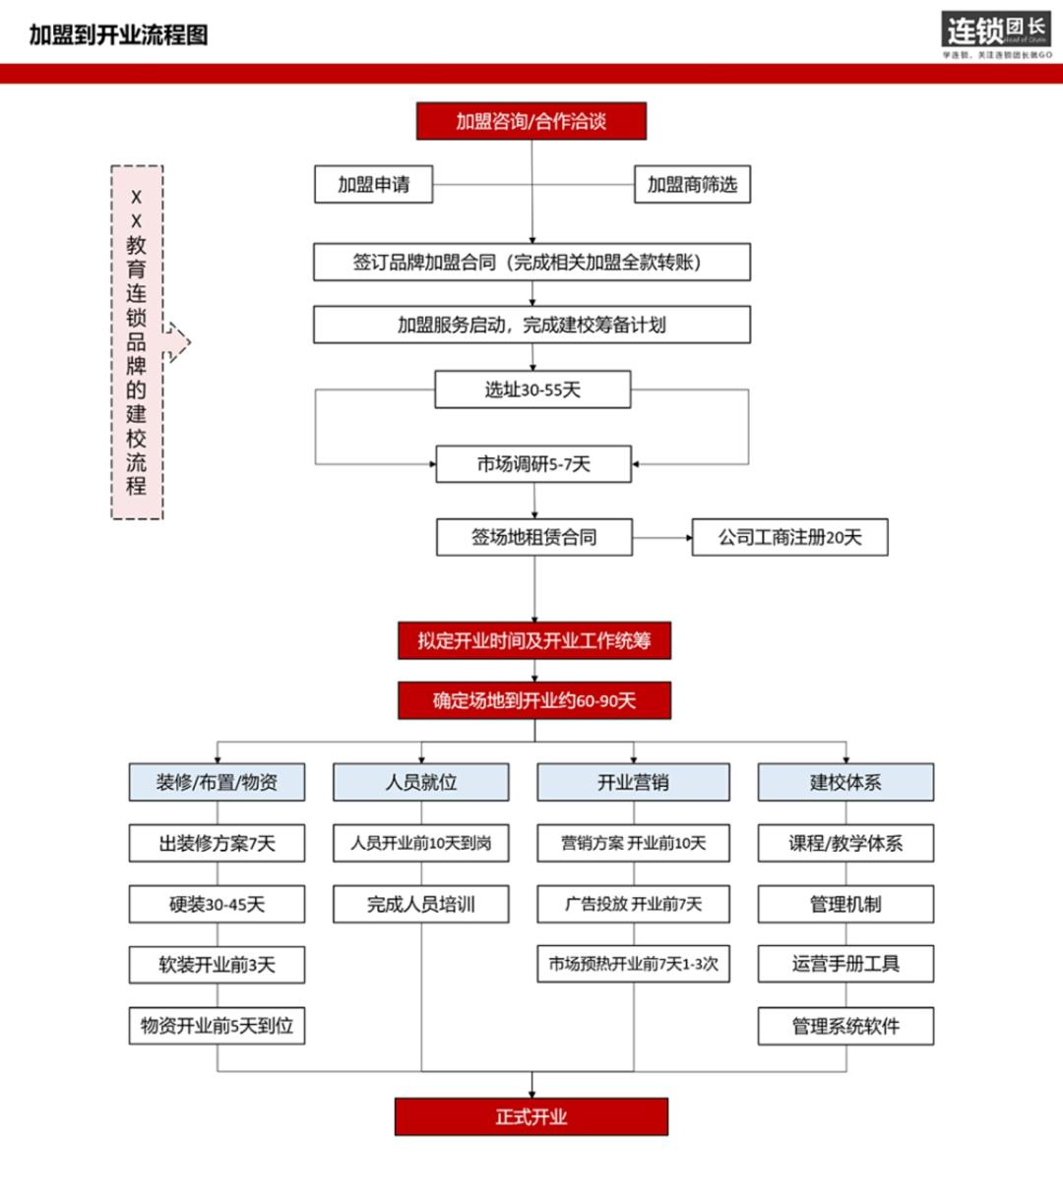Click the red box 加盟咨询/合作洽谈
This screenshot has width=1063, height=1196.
(531, 121)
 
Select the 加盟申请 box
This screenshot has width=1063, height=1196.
(373, 184)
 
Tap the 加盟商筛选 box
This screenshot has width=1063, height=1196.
(692, 184)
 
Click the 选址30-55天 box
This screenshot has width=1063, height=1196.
(532, 389)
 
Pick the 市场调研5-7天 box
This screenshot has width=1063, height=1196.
(533, 464)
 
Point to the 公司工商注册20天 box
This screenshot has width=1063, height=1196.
(789, 537)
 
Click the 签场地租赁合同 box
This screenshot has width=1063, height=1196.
(534, 537)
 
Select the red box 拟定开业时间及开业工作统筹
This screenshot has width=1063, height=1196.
(534, 640)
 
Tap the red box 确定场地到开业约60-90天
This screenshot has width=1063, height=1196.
(534, 700)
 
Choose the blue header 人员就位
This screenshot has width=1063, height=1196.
(421, 782)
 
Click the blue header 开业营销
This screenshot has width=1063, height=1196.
(633, 782)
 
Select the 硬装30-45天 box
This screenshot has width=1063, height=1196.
(217, 904)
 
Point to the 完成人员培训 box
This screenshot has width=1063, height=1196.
(421, 904)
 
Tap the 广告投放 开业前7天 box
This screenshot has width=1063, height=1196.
(633, 904)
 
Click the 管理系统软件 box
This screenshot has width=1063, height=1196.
(845, 1026)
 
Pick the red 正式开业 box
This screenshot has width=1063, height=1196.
(531, 1116)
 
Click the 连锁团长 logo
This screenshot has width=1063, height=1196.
(995, 32)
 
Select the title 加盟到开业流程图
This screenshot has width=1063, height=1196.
(118, 35)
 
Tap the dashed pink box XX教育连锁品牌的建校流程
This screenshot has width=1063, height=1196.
(137, 341)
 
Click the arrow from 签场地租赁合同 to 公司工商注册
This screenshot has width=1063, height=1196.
(662, 538)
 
